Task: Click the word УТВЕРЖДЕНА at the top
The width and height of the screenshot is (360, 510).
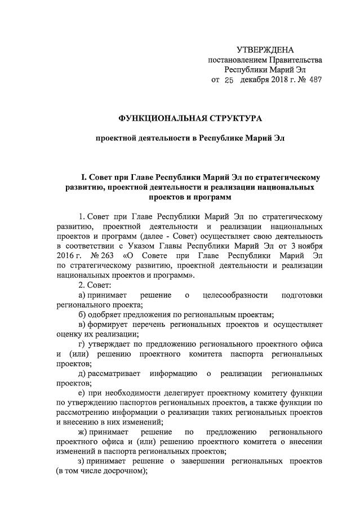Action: pyautogui.click(x=265, y=50)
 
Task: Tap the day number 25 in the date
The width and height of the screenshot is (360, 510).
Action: pyautogui.click(x=229, y=80)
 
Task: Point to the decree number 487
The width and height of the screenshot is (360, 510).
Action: pyautogui.click(x=315, y=80)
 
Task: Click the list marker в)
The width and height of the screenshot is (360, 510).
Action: pyautogui.click(x=82, y=325)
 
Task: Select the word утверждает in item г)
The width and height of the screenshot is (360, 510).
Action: pyautogui.click(x=110, y=344)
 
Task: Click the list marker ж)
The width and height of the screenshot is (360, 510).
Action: pyautogui.click(x=83, y=432)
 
